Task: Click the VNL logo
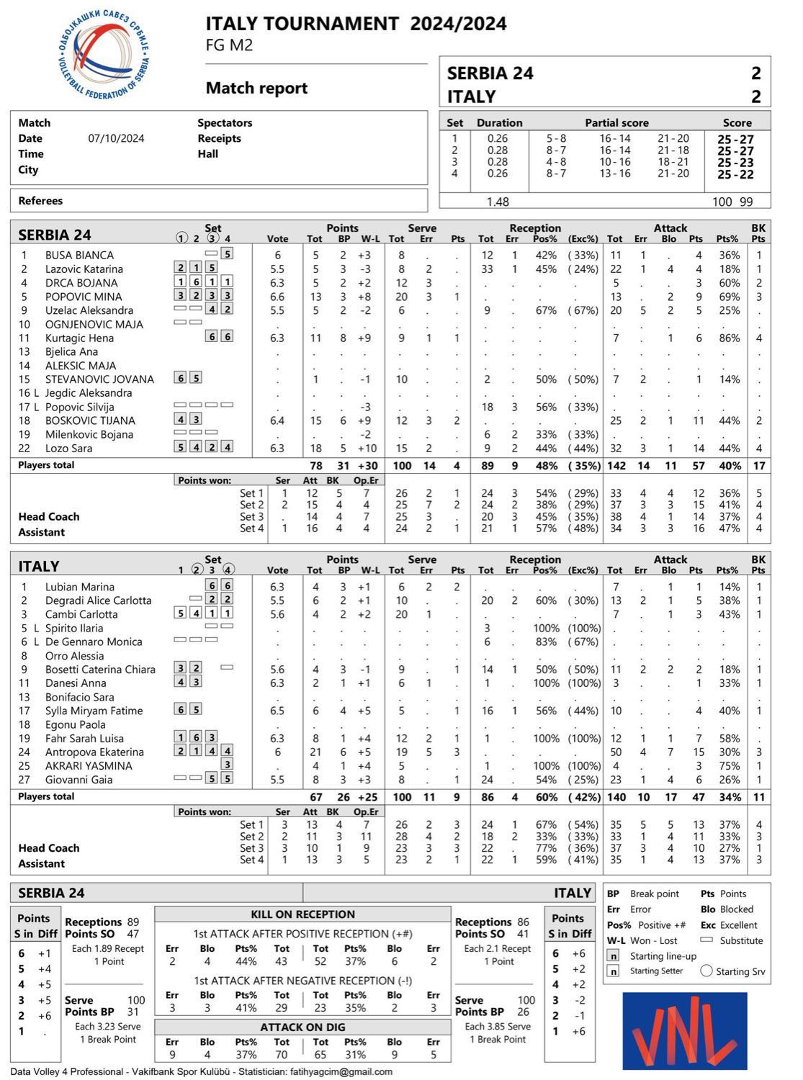tap(684, 1030)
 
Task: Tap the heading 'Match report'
tap(256, 88)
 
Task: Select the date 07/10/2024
tap(116, 138)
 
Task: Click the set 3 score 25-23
tap(735, 163)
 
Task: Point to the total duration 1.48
tap(498, 202)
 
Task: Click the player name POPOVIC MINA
tap(84, 297)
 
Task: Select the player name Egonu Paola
tap(75, 724)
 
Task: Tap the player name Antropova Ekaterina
tap(94, 752)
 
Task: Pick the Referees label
tap(40, 201)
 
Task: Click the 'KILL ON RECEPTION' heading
tap(302, 914)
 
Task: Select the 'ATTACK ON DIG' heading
tap(302, 1027)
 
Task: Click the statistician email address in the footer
tap(340, 1071)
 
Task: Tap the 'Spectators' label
tap(225, 123)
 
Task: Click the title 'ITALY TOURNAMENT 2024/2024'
tap(356, 24)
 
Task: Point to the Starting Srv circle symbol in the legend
tap(706, 971)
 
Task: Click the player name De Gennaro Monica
tap(94, 642)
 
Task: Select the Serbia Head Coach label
tap(49, 517)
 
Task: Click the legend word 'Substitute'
tap(741, 940)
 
